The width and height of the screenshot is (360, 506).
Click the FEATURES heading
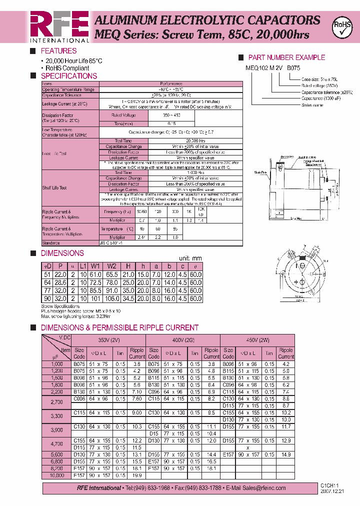58,51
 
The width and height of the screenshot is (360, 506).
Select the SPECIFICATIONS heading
68,76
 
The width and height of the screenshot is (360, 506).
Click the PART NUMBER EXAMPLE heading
286,57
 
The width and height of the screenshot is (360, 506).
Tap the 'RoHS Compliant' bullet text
67,68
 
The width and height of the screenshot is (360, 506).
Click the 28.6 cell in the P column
60,282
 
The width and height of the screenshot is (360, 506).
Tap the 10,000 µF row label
57,475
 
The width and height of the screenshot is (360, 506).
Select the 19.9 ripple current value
136,475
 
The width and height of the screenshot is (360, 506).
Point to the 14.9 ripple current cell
285,454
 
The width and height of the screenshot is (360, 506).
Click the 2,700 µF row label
57,401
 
